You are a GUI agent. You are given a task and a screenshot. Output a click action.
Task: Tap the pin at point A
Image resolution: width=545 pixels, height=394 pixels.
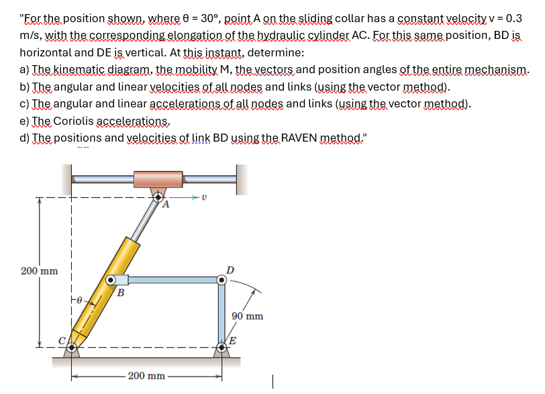pyautogui.click(x=158, y=197)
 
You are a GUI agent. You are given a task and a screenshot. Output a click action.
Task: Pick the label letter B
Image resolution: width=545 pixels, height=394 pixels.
pyautogui.click(x=121, y=292)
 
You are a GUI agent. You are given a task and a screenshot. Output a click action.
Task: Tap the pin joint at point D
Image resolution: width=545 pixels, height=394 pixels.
pyautogui.click(x=222, y=280)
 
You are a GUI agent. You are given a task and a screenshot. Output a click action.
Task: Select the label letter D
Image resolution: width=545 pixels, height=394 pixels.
pyautogui.click(x=230, y=270)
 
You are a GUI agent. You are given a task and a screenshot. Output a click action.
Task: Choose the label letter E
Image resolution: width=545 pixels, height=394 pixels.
pyautogui.click(x=232, y=340)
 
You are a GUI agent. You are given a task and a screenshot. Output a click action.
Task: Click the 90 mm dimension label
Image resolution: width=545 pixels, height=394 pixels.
pyautogui.click(x=247, y=315)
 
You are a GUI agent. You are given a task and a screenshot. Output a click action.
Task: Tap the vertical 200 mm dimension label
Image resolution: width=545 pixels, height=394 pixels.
pyautogui.click(x=38, y=271)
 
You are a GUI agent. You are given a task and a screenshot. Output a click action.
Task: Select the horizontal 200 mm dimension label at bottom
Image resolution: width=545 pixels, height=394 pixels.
pyautogui.click(x=146, y=375)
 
